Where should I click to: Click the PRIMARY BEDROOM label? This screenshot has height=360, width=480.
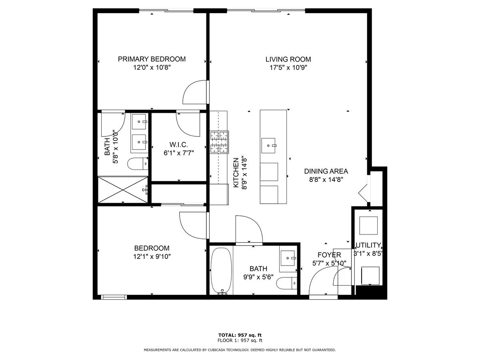pos(152,59)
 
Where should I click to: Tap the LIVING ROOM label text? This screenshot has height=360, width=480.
pos(288,59)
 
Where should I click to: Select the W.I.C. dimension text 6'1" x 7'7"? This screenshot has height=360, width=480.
pos(179,153)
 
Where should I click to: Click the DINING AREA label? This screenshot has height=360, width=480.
pos(326,171)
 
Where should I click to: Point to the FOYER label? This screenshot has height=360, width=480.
pos(329,255)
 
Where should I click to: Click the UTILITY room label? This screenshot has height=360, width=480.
pos(368,245)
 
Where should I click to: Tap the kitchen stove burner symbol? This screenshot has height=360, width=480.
pos(219,142)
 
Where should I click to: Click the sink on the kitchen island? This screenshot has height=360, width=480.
pos(268,146)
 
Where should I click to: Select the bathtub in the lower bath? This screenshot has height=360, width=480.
pos(221,270)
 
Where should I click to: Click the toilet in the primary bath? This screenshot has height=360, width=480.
pos(138,164)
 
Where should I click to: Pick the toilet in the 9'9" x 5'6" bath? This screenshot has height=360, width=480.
pos(287,283)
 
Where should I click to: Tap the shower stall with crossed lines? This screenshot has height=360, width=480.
pos(123,190)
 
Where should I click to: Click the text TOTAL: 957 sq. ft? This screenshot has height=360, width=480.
pos(240,335)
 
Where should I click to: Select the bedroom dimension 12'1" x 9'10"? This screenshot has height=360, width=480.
pos(152,256)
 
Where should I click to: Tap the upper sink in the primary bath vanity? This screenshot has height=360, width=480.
pos(139,122)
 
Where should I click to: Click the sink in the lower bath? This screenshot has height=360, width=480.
pos(288,258)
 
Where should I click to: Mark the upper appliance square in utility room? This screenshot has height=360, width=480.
pos(368,226)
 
